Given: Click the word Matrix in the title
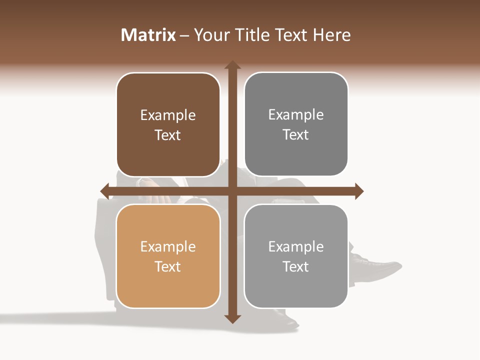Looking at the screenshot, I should pyautogui.click(x=148, y=35).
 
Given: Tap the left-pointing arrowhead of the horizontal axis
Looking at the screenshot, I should pyautogui.click(x=104, y=191).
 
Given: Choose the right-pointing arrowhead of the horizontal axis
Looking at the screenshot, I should pyautogui.click(x=359, y=191).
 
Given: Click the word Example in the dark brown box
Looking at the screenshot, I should pyautogui.click(x=168, y=115).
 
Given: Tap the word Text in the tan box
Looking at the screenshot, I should pyautogui.click(x=168, y=267).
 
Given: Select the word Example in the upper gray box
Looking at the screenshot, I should pyautogui.click(x=296, y=115).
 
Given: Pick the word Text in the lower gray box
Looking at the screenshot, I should pyautogui.click(x=296, y=267).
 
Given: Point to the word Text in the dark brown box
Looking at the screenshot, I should pyautogui.click(x=168, y=135).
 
